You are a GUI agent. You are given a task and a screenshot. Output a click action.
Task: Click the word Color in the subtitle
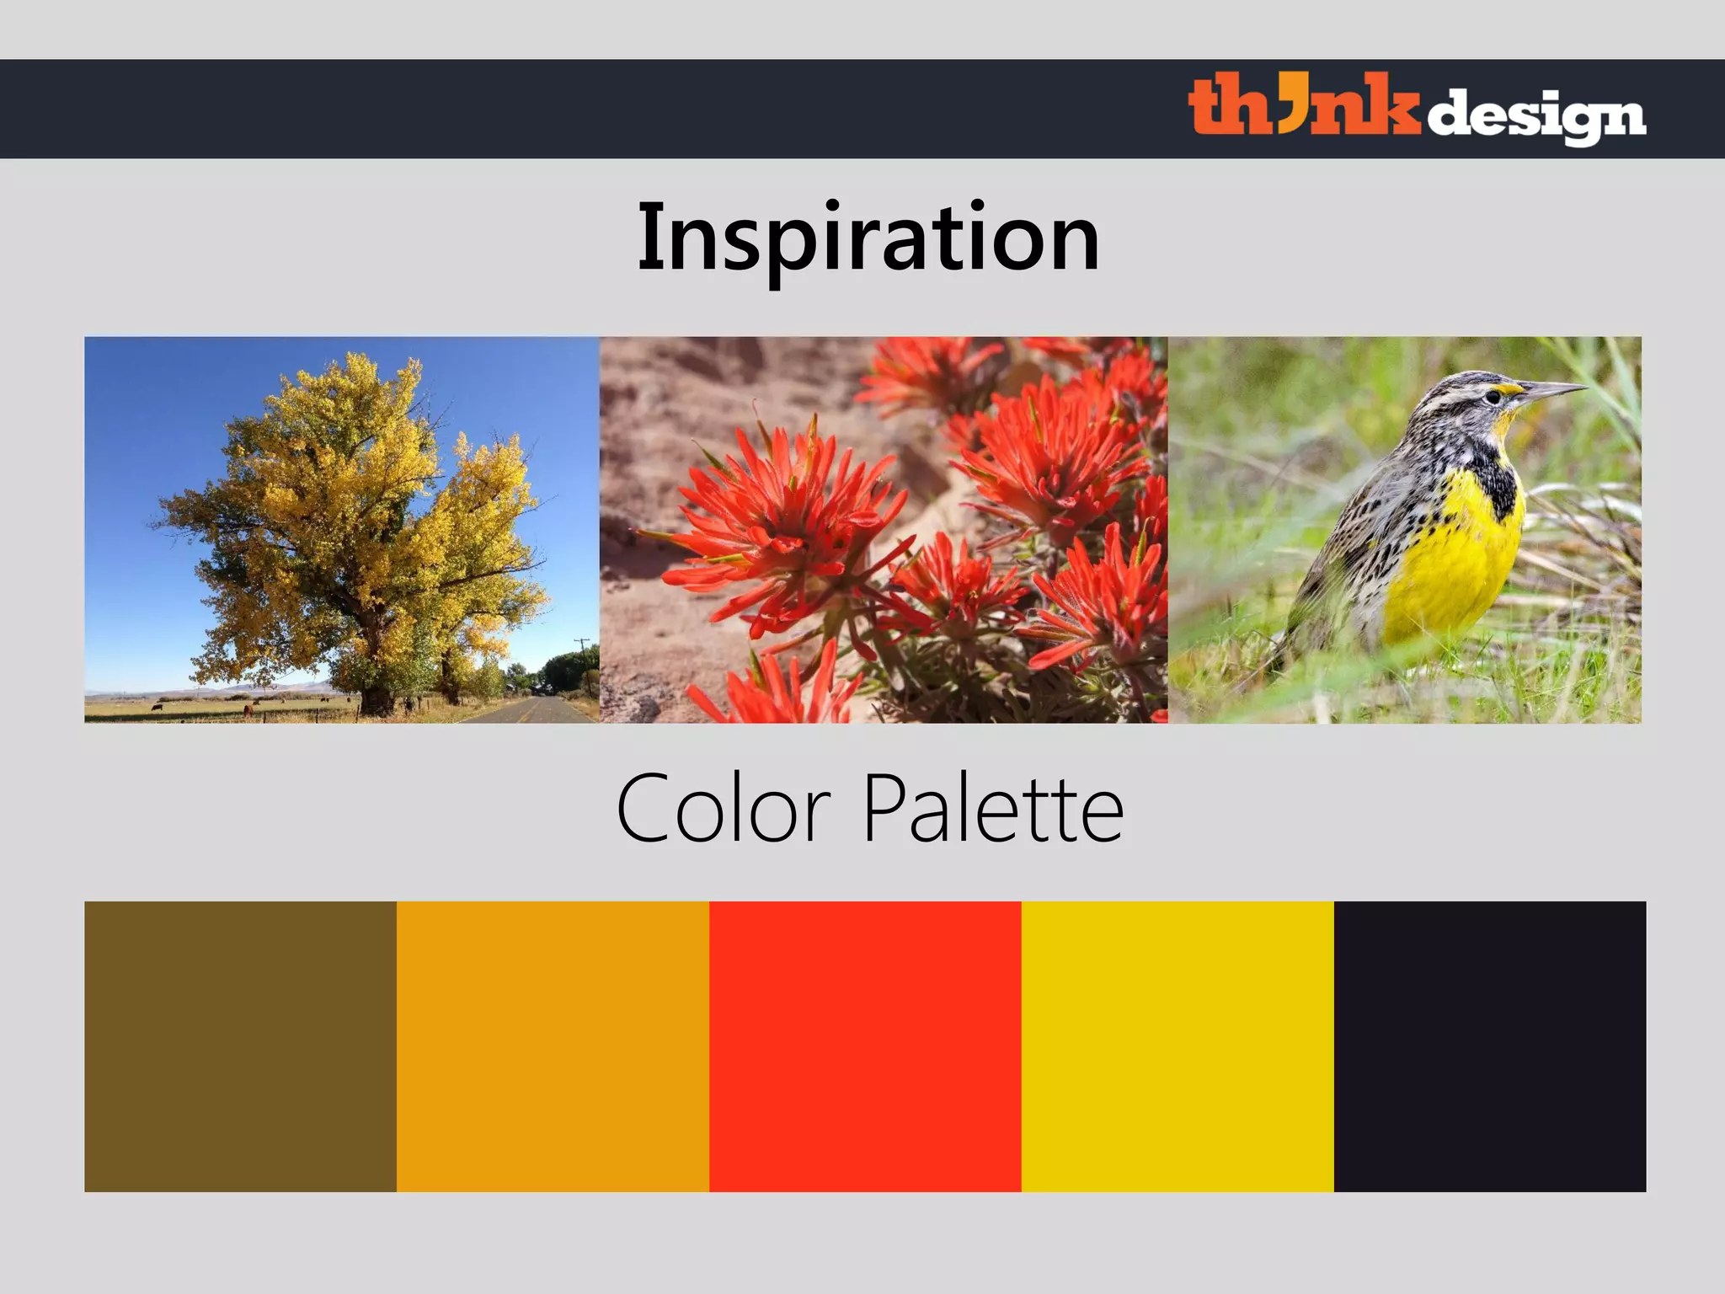click(724, 810)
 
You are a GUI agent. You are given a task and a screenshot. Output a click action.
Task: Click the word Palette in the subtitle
click(994, 810)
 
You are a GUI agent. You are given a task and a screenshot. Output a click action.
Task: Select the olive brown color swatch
click(240, 1045)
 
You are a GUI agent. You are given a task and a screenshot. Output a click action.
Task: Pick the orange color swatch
click(553, 1045)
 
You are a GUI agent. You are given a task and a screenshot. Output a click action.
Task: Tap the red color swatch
click(865, 1045)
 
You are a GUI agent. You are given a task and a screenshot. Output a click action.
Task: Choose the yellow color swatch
click(1178, 1045)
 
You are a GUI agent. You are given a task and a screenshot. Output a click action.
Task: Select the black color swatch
click(1489, 1045)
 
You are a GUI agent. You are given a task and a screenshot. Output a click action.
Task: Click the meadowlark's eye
click(1493, 396)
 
